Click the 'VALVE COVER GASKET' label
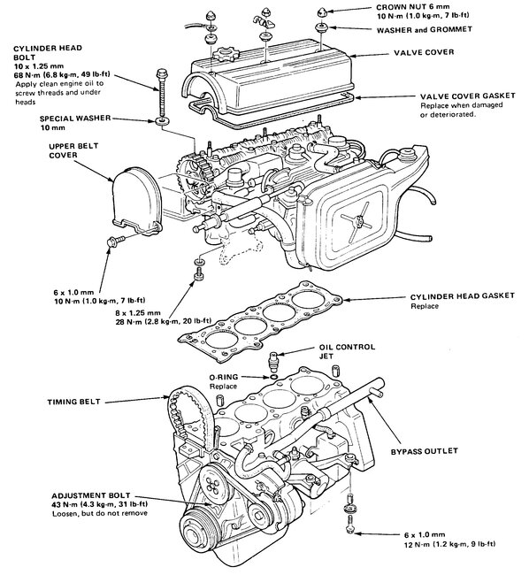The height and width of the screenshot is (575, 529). point(467,96)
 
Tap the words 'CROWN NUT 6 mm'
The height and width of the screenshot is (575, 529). point(412,7)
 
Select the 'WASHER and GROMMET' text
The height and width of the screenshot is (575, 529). point(424,30)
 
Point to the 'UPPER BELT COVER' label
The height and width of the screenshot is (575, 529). point(68,150)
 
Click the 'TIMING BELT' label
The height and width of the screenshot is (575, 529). point(73,402)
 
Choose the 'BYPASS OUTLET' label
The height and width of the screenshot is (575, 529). point(424,451)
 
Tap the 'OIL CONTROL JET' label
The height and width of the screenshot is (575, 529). point(347,351)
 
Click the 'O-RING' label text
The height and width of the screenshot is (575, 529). point(224,377)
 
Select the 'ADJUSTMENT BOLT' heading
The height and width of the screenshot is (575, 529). point(90,495)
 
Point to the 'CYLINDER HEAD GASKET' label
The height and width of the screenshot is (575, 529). point(463,296)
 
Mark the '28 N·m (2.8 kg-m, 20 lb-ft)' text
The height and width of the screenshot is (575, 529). point(163,322)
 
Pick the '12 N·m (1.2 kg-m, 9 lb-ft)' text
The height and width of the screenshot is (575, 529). point(449,544)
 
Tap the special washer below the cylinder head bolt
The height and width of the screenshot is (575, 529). point(162,120)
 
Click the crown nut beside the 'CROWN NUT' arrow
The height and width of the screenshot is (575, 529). point(323,11)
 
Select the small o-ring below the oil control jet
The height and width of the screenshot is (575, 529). point(273,377)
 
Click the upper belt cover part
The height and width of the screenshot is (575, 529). point(136,201)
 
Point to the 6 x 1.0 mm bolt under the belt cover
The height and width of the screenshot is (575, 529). point(115,241)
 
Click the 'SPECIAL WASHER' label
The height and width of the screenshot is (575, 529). point(75,119)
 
